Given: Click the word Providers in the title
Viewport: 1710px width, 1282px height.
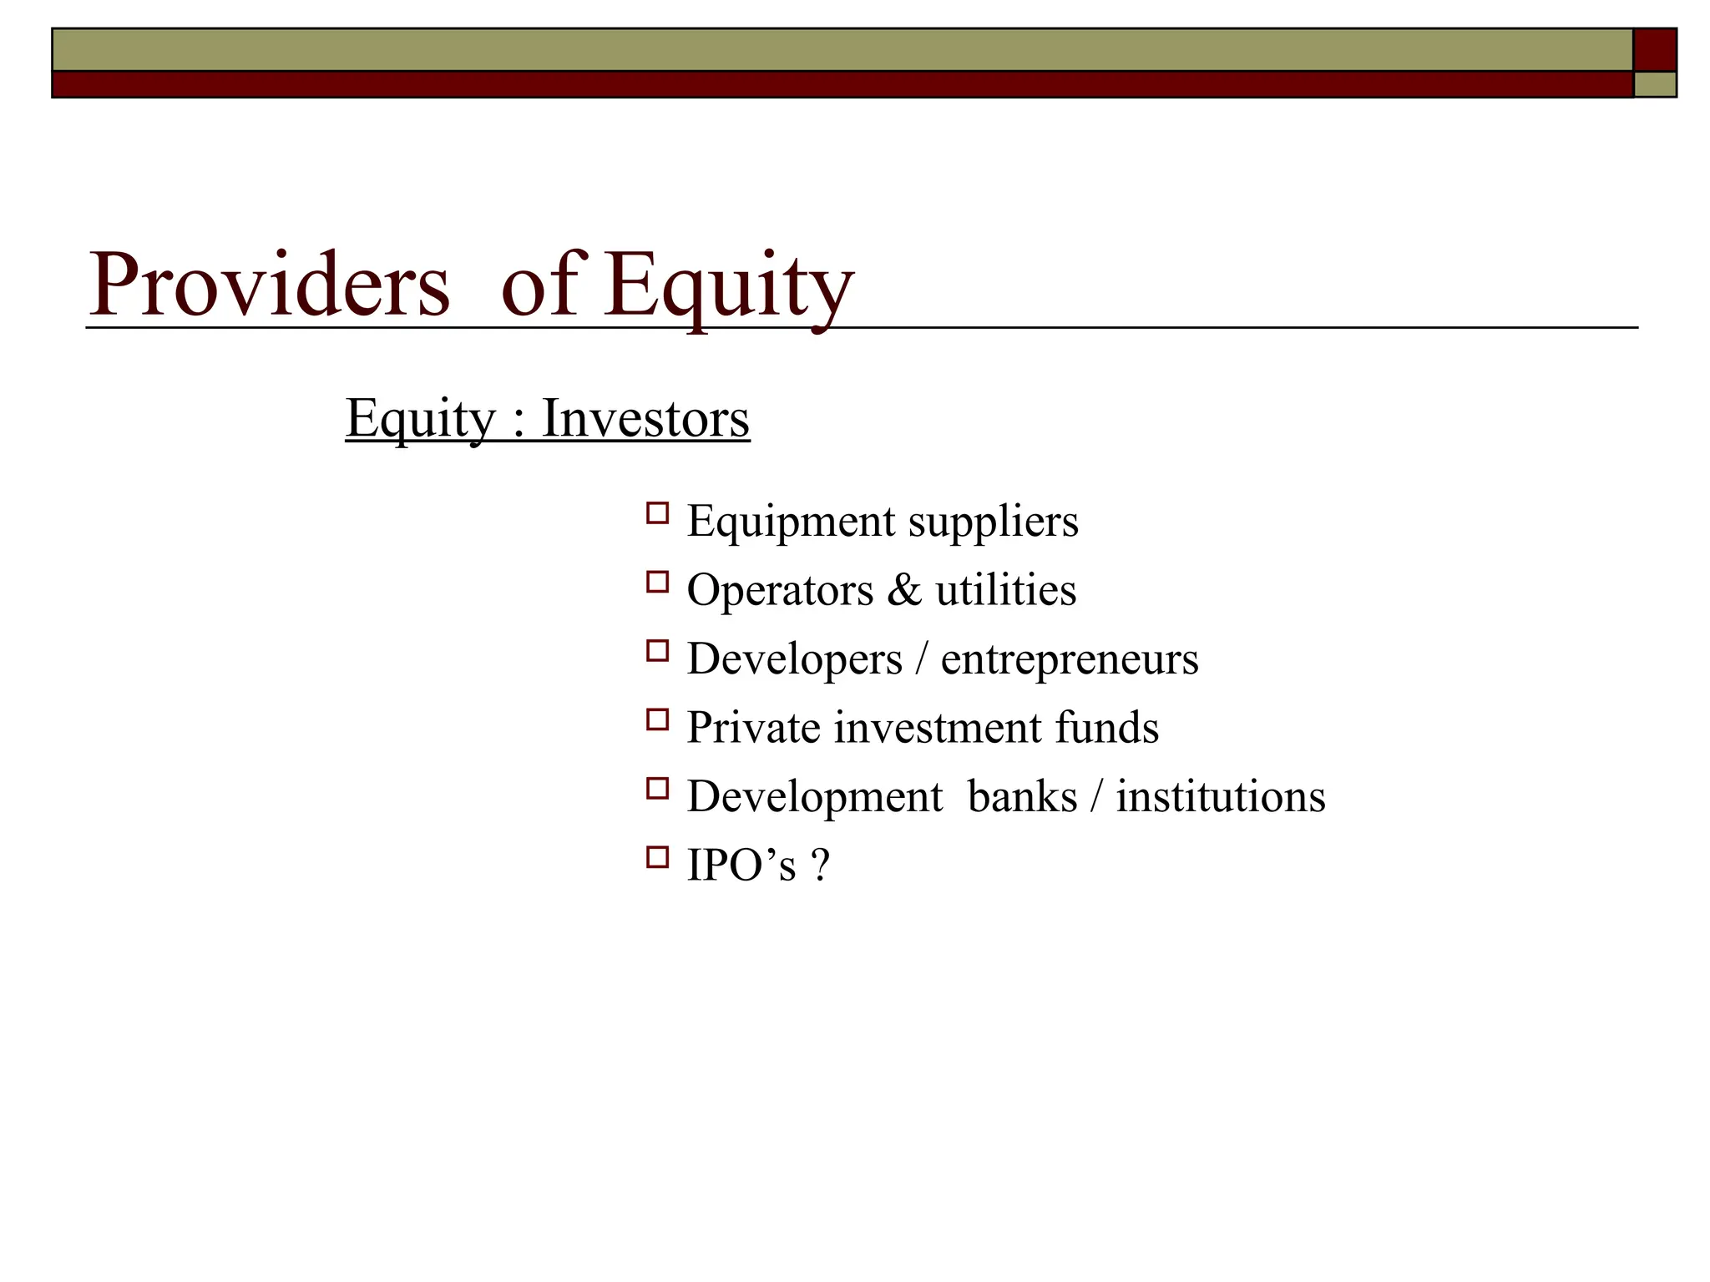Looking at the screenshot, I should click(x=269, y=285).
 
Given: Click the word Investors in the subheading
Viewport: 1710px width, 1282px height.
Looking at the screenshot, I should click(x=645, y=418).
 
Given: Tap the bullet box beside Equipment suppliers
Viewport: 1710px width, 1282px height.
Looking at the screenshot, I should click(x=657, y=512).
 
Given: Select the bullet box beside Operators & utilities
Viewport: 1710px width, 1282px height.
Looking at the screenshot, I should click(x=657, y=582).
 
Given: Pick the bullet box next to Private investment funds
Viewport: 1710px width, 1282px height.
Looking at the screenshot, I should click(x=657, y=719).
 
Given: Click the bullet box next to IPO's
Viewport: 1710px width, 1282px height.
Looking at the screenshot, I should click(x=657, y=857).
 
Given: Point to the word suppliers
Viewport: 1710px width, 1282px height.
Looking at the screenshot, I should click(x=993, y=522).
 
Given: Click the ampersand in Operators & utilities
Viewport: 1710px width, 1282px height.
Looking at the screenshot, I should click(x=904, y=590).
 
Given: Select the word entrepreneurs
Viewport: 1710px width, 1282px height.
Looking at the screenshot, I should click(x=1069, y=659).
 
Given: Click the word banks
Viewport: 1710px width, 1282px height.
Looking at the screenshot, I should click(x=1022, y=797).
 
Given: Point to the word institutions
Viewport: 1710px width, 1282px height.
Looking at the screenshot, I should click(x=1221, y=797).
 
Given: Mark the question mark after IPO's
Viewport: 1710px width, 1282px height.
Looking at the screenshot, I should click(x=820, y=866).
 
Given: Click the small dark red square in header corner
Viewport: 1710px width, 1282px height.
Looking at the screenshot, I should click(x=1654, y=49).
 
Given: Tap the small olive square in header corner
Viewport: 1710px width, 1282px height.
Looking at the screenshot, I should click(x=1654, y=84).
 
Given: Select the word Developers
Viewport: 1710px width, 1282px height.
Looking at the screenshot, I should click(x=794, y=659).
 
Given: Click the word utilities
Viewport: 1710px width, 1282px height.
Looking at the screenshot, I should click(x=1005, y=590).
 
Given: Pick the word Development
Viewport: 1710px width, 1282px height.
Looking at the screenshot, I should click(x=814, y=797).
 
